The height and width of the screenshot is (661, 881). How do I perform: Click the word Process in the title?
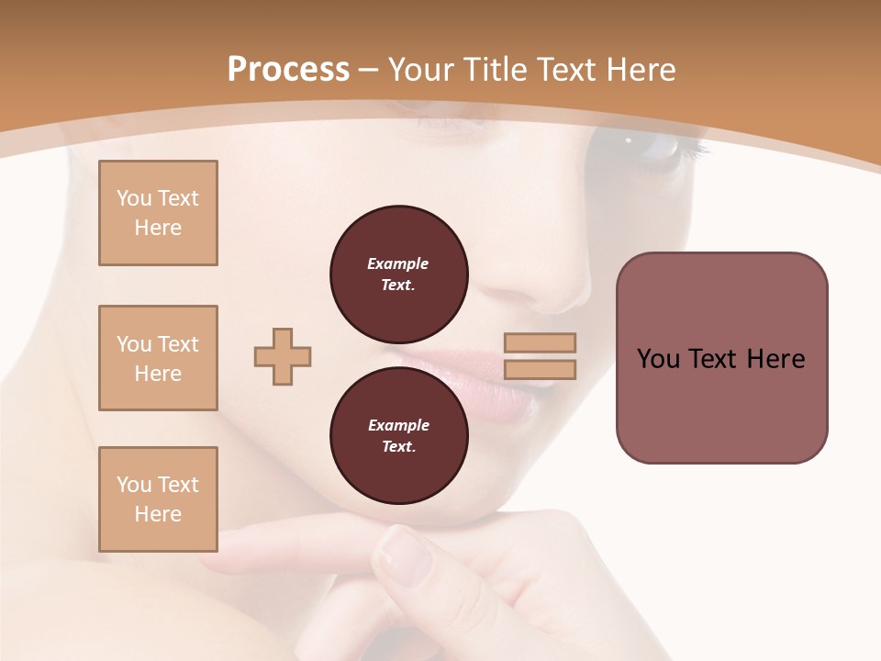click(288, 70)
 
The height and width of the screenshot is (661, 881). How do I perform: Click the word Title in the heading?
click(495, 70)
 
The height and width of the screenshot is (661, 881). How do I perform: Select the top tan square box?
click(158, 213)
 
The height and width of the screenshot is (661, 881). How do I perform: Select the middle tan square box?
click(158, 358)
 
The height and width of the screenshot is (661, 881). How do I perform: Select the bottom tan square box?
click(158, 499)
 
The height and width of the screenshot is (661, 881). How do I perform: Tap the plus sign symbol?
click(283, 356)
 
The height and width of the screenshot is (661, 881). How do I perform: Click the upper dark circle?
click(398, 274)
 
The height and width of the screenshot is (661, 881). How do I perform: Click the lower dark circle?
click(398, 435)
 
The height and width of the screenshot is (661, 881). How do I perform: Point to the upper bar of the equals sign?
click(540, 342)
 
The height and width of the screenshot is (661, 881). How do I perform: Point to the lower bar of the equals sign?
click(540, 370)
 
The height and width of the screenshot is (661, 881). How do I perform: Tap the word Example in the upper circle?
click(398, 263)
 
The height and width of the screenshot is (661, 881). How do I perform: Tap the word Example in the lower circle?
click(398, 425)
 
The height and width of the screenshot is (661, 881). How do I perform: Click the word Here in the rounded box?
click(775, 359)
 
